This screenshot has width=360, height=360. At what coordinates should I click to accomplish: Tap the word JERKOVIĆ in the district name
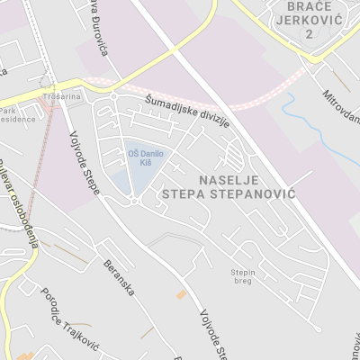308,19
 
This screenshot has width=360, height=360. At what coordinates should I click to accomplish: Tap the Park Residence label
15,113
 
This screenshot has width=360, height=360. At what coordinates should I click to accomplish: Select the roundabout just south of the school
134,202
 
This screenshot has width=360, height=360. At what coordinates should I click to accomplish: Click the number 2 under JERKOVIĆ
308,32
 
